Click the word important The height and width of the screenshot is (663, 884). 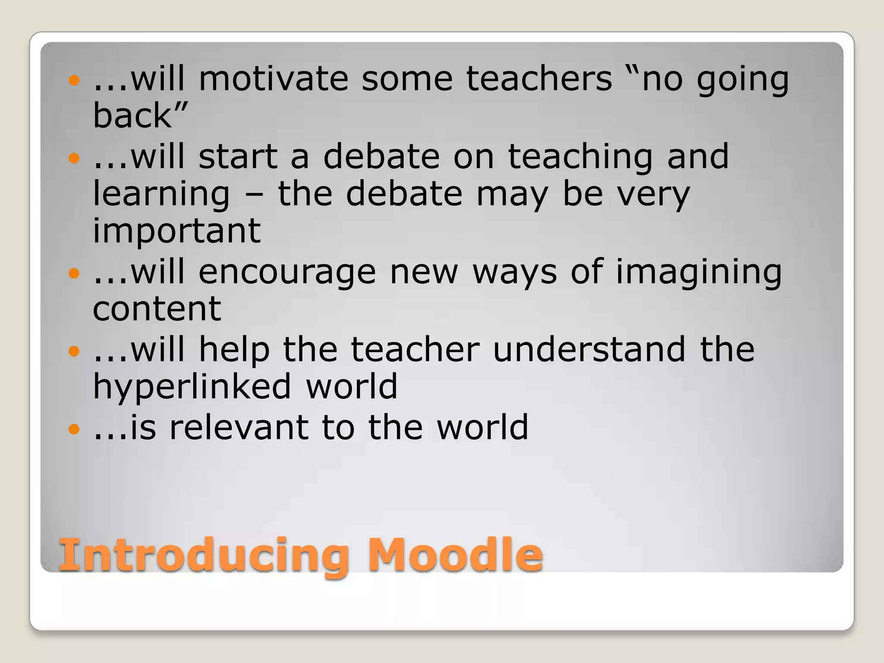click(177, 230)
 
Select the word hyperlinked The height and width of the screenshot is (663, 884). click(192, 388)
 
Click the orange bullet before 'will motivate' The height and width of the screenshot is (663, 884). click(74, 80)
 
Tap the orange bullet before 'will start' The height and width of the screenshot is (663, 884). click(74, 158)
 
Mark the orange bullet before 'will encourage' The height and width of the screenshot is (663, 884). click(74, 273)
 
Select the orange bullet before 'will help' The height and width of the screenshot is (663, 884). click(74, 351)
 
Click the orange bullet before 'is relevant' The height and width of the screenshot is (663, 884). click(74, 429)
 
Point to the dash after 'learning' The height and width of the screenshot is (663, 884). click(254, 195)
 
